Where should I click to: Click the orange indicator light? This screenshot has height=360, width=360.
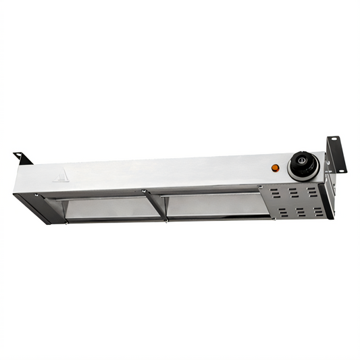pos(275,168)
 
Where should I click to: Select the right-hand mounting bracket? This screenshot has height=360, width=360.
pos(333,153)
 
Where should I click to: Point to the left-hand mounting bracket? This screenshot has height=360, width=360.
pos(22,159)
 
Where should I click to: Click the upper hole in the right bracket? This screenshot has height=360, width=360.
pos(333,144)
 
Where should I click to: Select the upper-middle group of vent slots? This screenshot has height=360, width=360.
pos(294,193)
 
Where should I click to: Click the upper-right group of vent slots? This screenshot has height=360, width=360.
pos(312,192)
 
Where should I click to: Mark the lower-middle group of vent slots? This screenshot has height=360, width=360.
pos(299,213)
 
